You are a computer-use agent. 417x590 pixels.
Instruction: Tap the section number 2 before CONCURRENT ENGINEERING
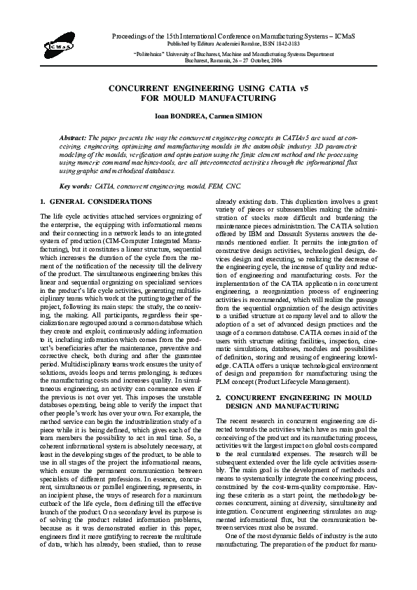217,397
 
